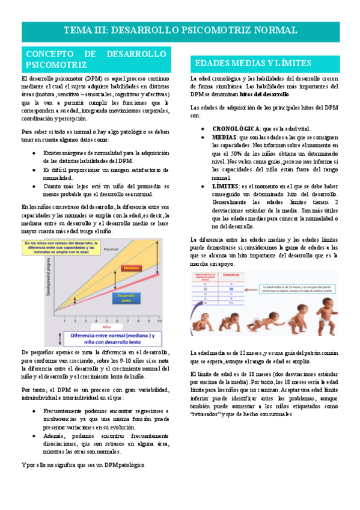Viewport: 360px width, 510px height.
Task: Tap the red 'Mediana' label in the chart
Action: click(132, 268)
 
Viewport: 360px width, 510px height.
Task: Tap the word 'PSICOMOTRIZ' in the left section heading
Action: click(56, 64)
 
